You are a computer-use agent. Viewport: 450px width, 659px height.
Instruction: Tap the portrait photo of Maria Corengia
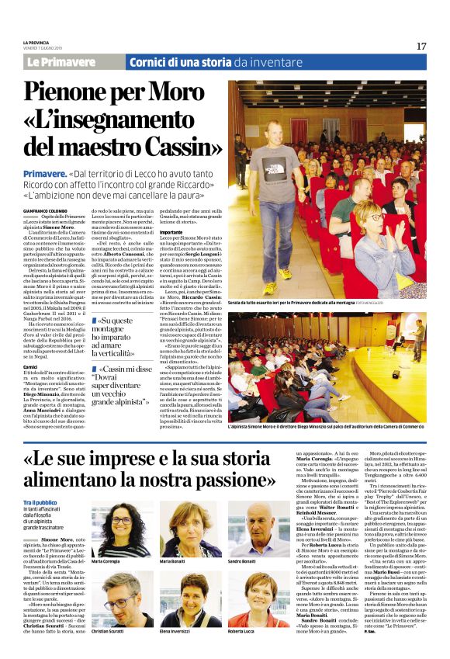[122, 530]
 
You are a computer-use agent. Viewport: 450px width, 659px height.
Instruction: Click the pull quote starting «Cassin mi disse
[121, 387]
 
